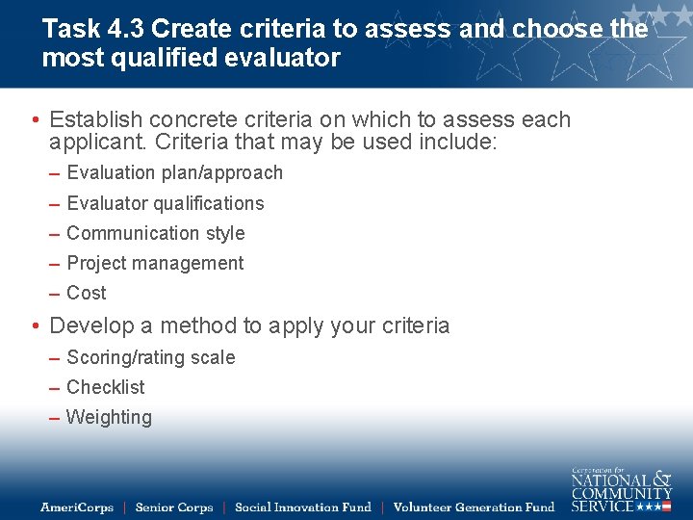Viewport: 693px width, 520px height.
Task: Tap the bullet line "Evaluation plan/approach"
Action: [x=174, y=173]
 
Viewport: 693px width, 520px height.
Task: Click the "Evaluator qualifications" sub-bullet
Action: [x=165, y=203]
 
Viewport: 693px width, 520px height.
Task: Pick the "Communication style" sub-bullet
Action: [x=155, y=233]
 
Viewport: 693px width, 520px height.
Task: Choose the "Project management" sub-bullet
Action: [x=155, y=263]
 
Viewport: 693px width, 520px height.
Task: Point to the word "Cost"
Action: [x=87, y=293]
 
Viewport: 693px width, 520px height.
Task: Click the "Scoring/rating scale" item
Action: [x=150, y=357]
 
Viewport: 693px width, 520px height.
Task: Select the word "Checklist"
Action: [x=106, y=387]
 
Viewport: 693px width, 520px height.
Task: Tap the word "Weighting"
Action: [x=109, y=417]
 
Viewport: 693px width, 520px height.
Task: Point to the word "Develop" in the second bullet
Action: [x=90, y=325]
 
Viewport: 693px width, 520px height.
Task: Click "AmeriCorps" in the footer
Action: [x=77, y=507]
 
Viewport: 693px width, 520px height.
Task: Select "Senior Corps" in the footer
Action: [x=173, y=507]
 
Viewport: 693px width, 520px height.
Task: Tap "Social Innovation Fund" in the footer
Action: [x=302, y=507]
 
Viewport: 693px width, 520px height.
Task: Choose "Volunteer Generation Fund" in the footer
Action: [x=474, y=507]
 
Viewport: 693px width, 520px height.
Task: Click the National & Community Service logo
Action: [x=621, y=490]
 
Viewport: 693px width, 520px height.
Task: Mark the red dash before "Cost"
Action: [x=57, y=294]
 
